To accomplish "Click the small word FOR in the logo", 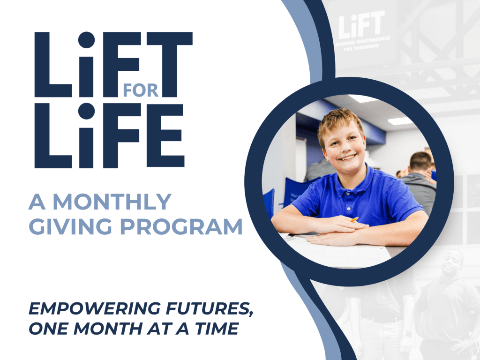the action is [141, 90].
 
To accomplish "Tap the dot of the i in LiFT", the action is [86, 40].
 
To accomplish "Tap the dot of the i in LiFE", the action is [86, 111].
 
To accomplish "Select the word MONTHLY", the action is [112, 202].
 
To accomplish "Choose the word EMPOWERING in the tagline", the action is [95, 308].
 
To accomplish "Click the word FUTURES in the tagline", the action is [209, 309].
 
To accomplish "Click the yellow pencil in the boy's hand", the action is [354, 219].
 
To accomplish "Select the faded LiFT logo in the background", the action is [361, 30].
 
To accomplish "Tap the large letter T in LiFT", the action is [170, 64].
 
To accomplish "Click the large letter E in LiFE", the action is [165, 135].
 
